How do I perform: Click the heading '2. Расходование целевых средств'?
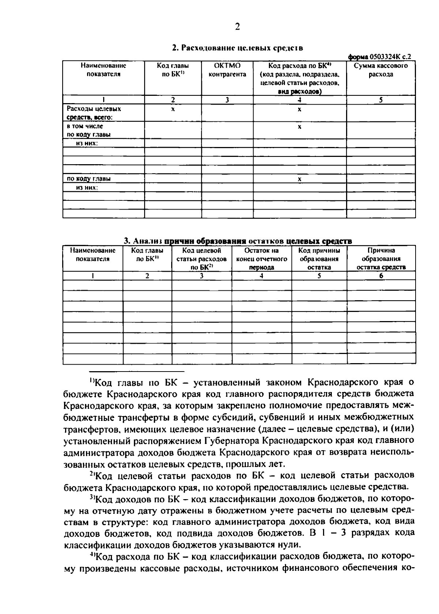pyautogui.click(x=237, y=48)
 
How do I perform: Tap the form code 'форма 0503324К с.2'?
pyautogui.click(x=379, y=57)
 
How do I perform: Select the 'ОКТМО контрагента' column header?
pyautogui.click(x=227, y=70)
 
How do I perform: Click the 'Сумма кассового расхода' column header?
pyautogui.click(x=381, y=70)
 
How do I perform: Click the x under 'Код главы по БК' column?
pyautogui.click(x=173, y=109)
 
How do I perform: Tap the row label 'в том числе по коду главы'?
pyautogui.click(x=89, y=130)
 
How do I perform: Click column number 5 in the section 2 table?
pyautogui.click(x=381, y=100)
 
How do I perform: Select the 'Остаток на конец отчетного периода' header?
pyautogui.click(x=262, y=259)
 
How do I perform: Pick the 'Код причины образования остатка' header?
pyautogui.click(x=319, y=259)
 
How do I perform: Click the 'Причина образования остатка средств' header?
pyautogui.click(x=381, y=259)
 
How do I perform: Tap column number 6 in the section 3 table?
pyautogui.click(x=381, y=276)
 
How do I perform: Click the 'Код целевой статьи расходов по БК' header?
pyautogui.click(x=202, y=259)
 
